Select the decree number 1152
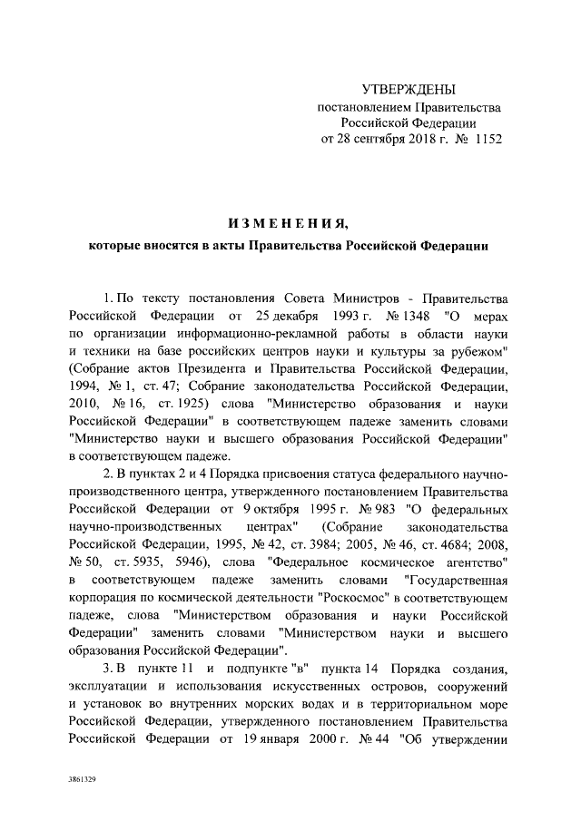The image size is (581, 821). tap(483, 140)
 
